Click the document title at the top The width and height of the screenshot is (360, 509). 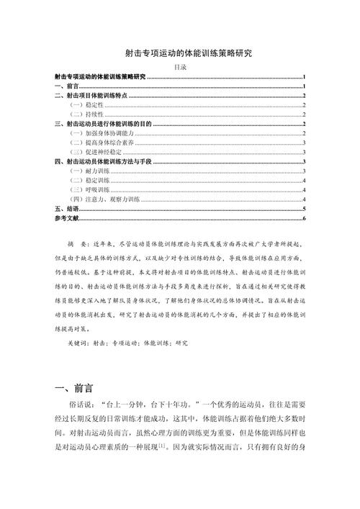pyautogui.click(x=180, y=53)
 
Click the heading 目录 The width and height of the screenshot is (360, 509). pyautogui.click(x=180, y=67)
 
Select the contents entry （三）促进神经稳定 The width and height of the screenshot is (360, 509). pyautogui.click(x=94, y=153)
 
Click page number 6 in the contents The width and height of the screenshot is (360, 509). pyautogui.click(x=305, y=218)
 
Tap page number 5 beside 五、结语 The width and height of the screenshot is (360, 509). pyautogui.click(x=305, y=209)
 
